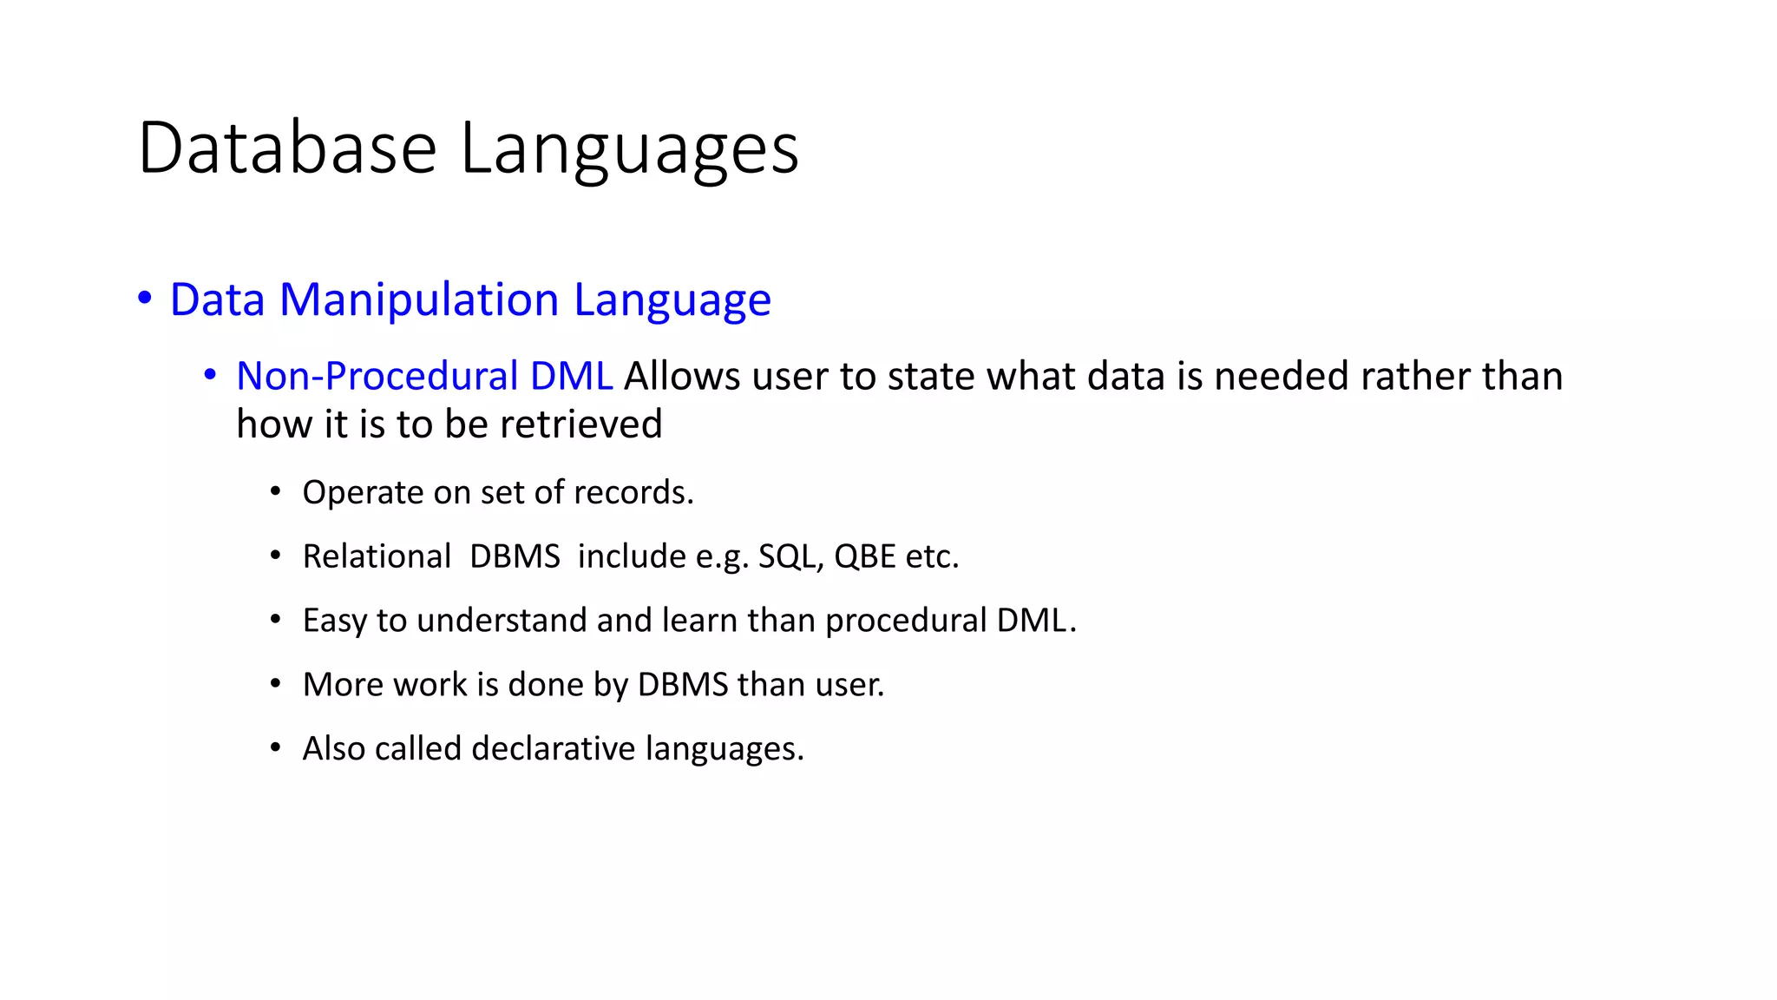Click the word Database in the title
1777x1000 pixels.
[286, 148]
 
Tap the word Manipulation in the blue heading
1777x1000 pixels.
[419, 299]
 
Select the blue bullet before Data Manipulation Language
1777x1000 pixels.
[145, 298]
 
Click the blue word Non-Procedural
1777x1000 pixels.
[377, 376]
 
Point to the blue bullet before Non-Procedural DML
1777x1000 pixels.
[210, 375]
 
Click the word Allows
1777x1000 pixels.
[682, 376]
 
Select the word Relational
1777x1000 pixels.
[377, 556]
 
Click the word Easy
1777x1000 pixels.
[334, 621]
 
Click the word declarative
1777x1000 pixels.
[554, 748]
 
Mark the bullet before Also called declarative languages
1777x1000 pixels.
[275, 747]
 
